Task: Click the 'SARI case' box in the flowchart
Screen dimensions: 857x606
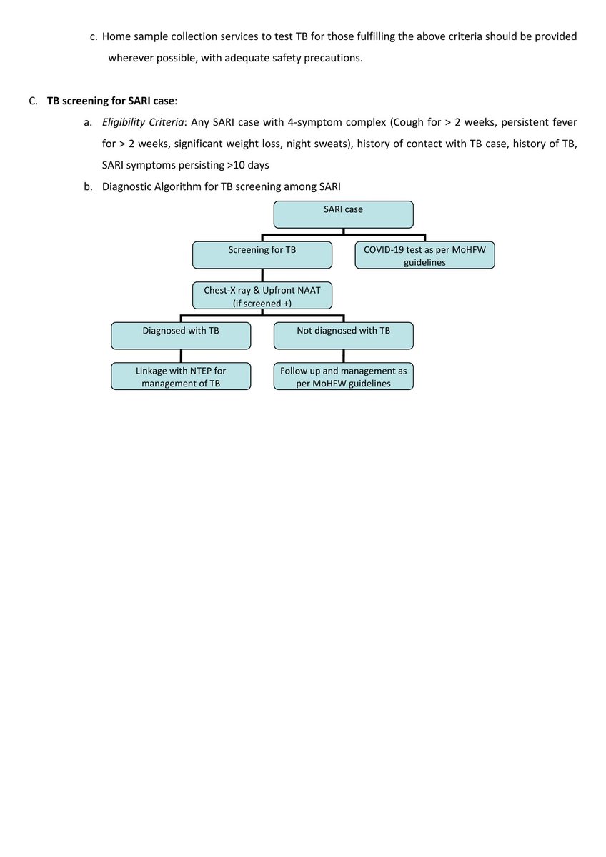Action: [343, 214]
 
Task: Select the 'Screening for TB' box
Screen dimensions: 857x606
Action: [262, 255]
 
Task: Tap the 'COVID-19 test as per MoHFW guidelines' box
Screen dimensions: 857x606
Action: [424, 255]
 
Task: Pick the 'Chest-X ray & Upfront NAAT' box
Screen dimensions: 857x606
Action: [262, 295]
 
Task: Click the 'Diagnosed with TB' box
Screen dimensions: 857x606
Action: [181, 336]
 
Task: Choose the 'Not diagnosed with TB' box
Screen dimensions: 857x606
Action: [343, 336]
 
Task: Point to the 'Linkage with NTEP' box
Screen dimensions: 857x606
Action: [181, 376]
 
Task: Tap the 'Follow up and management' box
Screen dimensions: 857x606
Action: [343, 376]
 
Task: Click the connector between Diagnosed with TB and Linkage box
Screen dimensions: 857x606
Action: [181, 356]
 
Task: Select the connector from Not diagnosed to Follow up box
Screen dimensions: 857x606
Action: [344, 356]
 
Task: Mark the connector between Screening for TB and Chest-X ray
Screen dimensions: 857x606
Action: [262, 275]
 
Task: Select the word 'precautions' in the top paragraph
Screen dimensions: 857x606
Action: [336, 58]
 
